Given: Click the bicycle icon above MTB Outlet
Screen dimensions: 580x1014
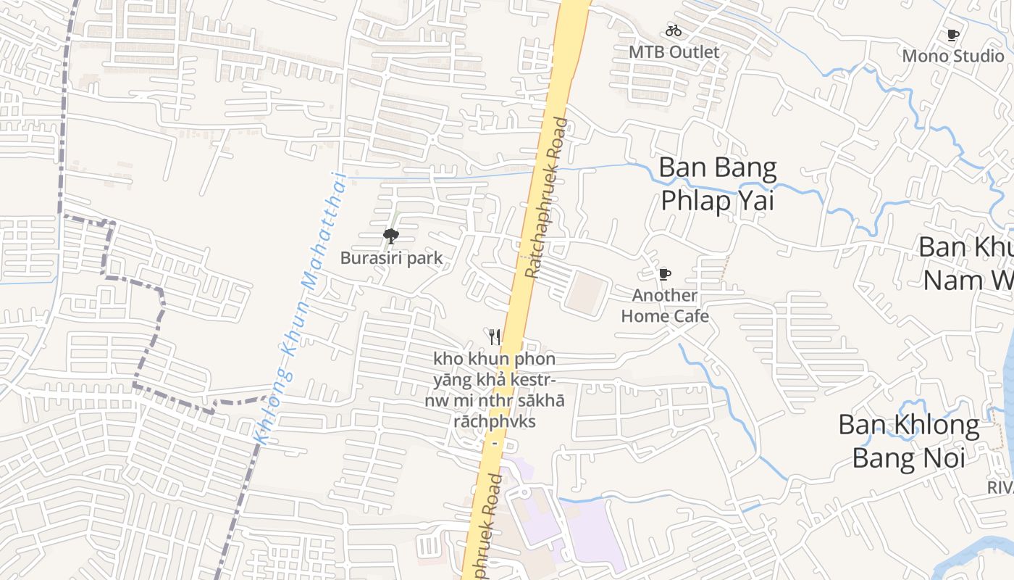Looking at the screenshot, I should [674, 30].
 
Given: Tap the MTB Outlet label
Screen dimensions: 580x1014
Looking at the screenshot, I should [674, 52].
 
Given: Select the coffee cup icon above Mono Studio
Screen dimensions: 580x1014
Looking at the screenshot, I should [953, 35].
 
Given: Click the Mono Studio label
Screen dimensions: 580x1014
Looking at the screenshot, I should [952, 56].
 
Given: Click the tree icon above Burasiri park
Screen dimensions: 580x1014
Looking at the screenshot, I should [391, 236].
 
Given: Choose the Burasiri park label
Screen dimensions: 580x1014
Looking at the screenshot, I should [391, 258].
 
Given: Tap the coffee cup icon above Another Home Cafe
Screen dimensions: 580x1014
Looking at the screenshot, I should [664, 274].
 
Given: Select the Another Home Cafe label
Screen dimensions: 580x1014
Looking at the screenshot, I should [664, 305].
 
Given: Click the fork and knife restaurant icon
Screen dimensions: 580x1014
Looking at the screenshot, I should [495, 336].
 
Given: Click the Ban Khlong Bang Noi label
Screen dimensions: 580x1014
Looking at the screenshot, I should [908, 441].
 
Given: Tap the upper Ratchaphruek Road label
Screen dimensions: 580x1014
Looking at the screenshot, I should [547, 198].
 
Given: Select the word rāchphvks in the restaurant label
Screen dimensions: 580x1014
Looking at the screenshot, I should [494, 420].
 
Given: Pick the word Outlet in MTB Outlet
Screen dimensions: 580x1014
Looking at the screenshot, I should [695, 52].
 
